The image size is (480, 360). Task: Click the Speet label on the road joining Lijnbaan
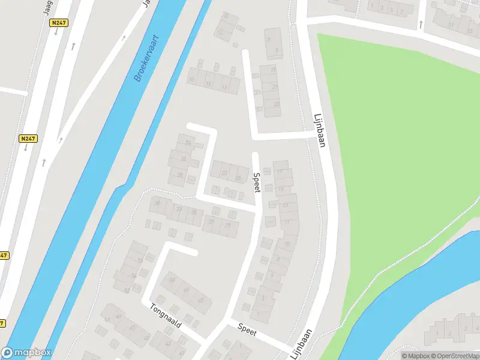[x=247, y=328]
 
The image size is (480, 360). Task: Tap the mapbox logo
[x=26, y=353]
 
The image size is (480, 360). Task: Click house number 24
[x=188, y=143]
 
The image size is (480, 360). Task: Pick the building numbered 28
[x=179, y=175]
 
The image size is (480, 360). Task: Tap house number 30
[x=158, y=203]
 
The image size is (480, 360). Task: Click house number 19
[x=273, y=70]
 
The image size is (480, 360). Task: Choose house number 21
[x=275, y=87]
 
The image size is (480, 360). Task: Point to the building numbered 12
[x=220, y=32]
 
